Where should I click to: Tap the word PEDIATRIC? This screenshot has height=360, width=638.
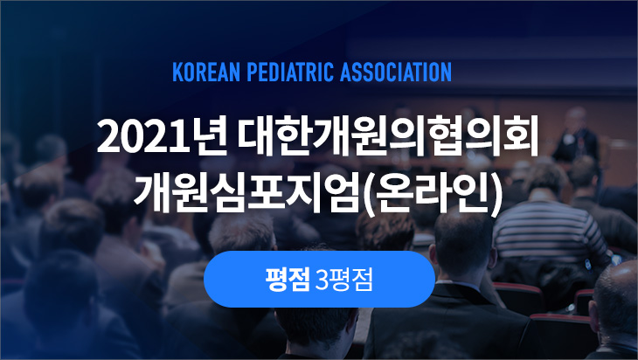[x=289, y=72]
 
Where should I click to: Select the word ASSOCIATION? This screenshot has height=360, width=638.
[x=396, y=72]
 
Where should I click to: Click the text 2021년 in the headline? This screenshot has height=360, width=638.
[x=162, y=136]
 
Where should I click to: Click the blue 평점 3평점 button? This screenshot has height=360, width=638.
[x=319, y=279]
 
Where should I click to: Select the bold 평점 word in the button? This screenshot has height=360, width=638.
[x=288, y=280]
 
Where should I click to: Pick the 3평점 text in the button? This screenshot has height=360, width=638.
[x=343, y=280]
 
